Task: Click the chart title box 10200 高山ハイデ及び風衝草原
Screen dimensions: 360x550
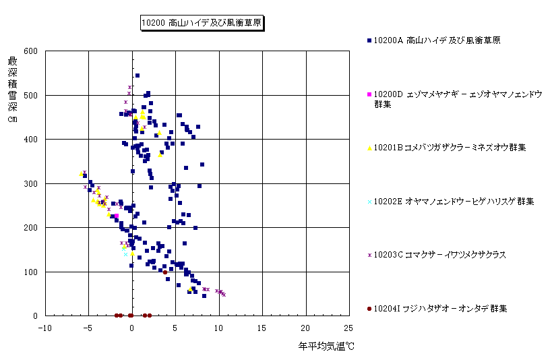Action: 202,23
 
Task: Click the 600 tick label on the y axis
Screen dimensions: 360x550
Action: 30,51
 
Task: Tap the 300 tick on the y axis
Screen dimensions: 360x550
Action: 30,183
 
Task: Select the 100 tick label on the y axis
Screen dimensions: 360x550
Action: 30,272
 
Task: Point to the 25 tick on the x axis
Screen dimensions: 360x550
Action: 348,328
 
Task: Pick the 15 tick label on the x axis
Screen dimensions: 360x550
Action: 262,328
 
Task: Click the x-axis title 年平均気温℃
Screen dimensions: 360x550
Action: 326,347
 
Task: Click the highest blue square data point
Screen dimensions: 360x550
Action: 137,76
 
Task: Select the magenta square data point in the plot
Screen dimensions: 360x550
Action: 116,216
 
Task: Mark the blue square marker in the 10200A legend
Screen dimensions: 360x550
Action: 369,41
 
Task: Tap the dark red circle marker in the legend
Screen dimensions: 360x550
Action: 369,308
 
